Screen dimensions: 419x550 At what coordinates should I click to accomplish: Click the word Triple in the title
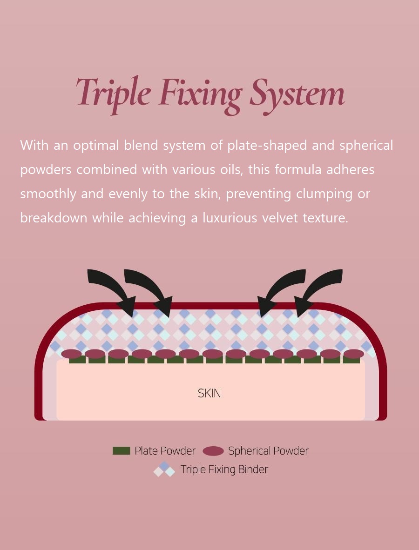coord(114,94)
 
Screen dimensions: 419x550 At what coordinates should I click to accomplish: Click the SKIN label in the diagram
coord(209,394)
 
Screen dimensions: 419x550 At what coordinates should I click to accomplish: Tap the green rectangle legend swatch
coord(121,451)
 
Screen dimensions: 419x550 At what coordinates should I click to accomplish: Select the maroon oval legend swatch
coord(213,451)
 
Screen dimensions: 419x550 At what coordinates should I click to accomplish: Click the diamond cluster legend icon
coord(164,470)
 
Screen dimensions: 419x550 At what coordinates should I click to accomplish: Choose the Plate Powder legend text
coord(165,451)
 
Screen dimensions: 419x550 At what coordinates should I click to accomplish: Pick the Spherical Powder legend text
coord(269,451)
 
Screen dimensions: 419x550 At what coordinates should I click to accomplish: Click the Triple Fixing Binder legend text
coord(224,470)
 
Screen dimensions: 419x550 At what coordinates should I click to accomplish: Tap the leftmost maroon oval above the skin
coord(71,354)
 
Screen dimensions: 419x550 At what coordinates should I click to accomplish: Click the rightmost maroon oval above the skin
coord(354,354)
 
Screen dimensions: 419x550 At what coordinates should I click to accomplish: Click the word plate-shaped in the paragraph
coord(267,146)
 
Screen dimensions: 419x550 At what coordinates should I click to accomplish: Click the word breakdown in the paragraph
coord(54,218)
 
